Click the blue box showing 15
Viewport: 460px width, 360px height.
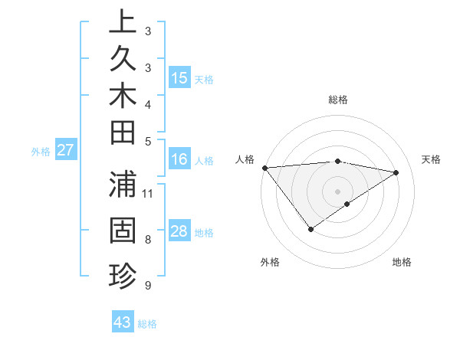pos(179,78)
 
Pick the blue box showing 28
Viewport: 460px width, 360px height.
pos(179,232)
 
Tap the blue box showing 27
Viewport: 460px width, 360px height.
pos(65,151)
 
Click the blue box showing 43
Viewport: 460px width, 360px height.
pos(123,322)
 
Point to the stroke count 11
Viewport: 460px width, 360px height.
pos(149,192)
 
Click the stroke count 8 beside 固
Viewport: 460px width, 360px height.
pos(148,241)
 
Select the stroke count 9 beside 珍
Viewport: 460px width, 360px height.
pos(148,286)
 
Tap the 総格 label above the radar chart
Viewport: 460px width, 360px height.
pos(337,100)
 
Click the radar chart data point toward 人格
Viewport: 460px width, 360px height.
pos(264,168)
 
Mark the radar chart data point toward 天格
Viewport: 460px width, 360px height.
pos(396,172)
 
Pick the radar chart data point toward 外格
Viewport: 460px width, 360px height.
pos(310,229)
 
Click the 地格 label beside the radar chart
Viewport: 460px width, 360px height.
pos(402,262)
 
